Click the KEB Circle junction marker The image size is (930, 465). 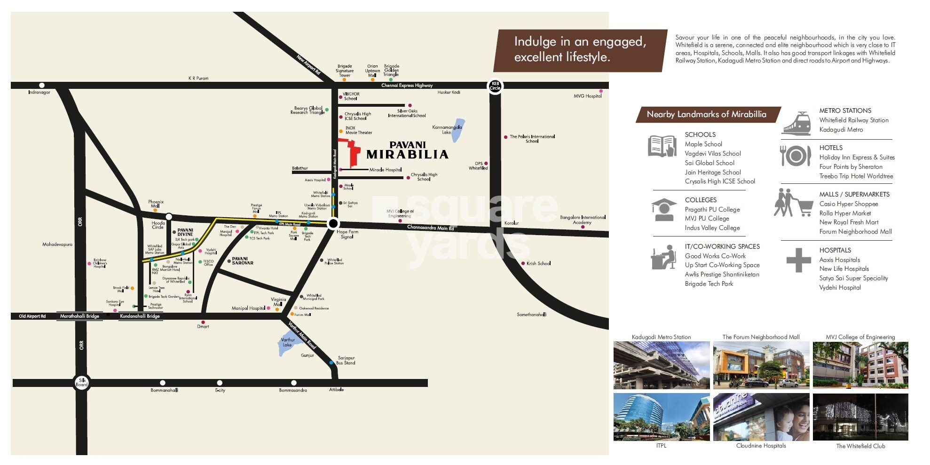pos(495,86)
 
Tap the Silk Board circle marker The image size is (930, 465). pos(82,383)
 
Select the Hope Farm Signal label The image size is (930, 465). pos(347,234)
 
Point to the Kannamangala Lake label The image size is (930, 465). pos(447,130)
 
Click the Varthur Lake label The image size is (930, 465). pos(288,342)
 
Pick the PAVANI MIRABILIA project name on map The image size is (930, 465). pos(407,150)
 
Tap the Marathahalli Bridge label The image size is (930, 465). pos(79,316)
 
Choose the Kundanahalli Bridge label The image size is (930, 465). pos(140,316)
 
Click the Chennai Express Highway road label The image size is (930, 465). pos(407,86)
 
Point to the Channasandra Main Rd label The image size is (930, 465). pos(430,228)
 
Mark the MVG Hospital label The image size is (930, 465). pos(587,96)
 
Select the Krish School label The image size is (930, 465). pos(538,263)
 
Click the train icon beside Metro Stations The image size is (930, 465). pos(796,123)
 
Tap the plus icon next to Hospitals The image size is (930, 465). pos(798,260)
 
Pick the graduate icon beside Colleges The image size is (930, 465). pos(663,210)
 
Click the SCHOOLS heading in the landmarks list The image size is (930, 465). pos(700,134)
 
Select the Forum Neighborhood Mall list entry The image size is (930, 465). pos(855,231)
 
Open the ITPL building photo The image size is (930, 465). pos(661,417)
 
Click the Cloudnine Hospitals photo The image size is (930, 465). pos(761,417)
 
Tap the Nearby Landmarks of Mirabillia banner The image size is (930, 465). pos(706,114)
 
